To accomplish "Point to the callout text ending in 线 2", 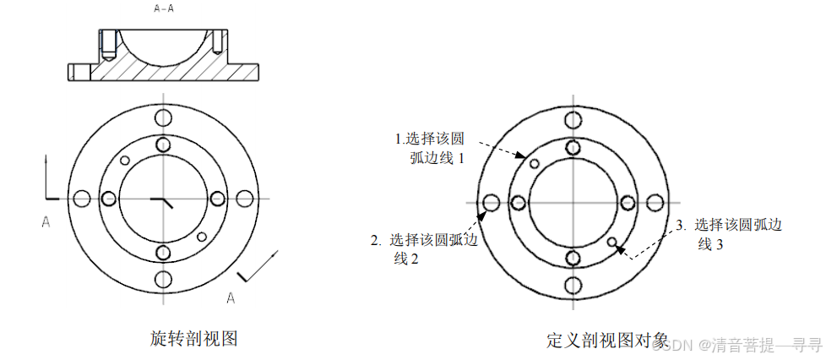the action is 424,248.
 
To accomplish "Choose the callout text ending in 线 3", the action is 730,234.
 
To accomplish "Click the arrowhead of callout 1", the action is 525,156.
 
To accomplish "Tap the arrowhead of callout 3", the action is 621,248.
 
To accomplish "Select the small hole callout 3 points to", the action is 612,242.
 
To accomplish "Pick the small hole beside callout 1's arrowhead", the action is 534,162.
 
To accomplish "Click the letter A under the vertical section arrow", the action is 46,221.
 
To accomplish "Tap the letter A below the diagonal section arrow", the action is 230,297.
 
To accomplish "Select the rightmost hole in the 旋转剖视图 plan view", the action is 245,199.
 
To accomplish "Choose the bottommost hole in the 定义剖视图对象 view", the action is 573,284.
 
